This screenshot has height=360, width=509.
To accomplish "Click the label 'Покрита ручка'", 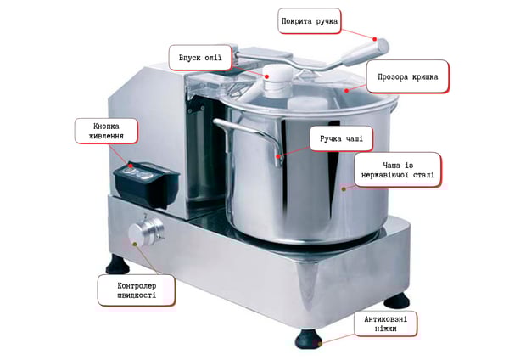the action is coord(310,21).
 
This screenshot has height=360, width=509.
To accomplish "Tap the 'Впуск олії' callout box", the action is coord(200,58).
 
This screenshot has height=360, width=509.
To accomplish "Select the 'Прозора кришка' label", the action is coord(408,76).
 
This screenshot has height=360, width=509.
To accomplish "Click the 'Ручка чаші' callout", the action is coord(341,138).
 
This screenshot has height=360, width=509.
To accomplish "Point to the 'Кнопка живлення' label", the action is coord(106,131).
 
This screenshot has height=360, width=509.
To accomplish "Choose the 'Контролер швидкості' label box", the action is coord(137,290).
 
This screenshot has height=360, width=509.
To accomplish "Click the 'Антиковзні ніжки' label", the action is coord(385,323).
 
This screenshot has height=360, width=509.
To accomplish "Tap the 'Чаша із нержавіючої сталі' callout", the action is coord(398,170).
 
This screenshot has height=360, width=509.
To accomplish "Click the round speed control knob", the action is coord(145,230).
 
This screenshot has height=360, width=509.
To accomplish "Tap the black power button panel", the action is coord(146,183).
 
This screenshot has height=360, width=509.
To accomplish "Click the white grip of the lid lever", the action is coord(365,53).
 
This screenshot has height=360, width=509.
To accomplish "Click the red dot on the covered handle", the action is coord(375,39).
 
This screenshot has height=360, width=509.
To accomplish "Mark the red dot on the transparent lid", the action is coord(347,91).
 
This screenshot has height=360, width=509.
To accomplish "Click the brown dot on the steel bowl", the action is coord(344,188).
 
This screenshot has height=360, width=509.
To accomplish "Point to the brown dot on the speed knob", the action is coord(135,244).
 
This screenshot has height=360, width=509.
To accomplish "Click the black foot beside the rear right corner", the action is coord(396,300).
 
